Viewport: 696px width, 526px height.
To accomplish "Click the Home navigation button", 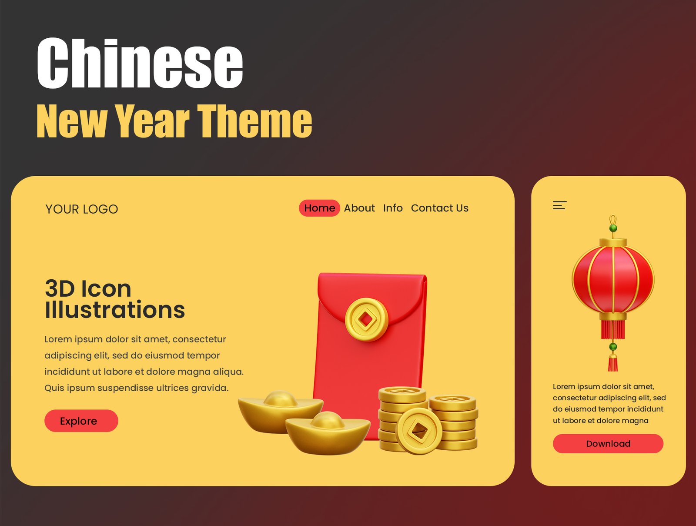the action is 319,208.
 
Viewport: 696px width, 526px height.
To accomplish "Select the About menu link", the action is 359,208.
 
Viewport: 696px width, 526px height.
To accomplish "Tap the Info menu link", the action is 393,208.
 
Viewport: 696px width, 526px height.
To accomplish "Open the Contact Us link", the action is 439,208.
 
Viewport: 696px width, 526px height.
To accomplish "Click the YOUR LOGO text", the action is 81,209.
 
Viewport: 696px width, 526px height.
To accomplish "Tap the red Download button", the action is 608,444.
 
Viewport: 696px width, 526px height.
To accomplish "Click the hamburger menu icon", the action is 559,205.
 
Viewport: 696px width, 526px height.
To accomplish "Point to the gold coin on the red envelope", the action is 367,319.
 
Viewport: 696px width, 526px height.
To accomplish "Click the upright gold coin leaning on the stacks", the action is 419,431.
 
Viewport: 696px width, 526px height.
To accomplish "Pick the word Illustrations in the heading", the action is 115,310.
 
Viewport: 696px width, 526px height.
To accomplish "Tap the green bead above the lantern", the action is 613,228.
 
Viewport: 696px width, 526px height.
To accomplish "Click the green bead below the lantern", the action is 613,347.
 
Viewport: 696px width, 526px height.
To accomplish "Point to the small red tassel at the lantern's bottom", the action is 612,363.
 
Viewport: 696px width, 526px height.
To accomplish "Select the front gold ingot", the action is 328,433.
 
